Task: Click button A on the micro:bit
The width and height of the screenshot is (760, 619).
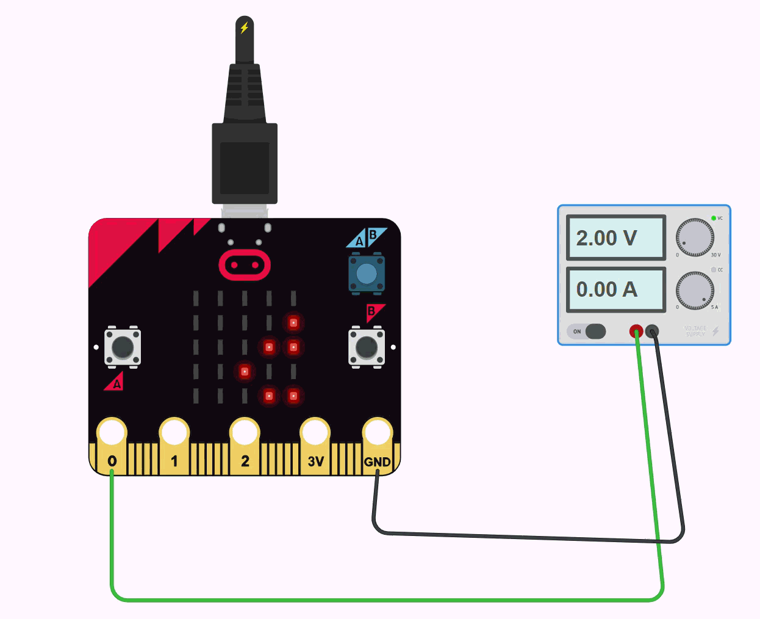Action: pos(123,347)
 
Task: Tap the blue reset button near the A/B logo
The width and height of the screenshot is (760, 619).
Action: pos(366,273)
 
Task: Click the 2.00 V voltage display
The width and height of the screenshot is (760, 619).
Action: pos(615,237)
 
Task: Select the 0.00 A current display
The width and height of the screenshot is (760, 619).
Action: pos(615,289)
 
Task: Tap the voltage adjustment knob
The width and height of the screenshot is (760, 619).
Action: pos(695,237)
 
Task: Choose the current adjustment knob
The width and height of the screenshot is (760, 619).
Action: pos(695,291)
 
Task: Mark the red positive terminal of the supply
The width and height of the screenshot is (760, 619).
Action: pos(636,331)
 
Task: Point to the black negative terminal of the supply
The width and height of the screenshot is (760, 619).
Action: pos(652,331)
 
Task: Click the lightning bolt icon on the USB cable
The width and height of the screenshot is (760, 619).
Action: pos(245,27)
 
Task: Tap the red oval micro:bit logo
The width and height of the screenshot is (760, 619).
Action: pos(245,265)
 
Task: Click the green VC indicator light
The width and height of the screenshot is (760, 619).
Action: pos(713,218)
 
